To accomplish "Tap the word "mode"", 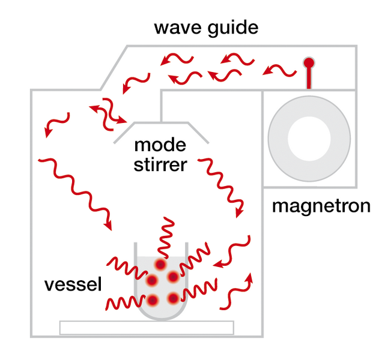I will (x=160, y=145).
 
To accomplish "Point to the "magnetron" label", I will (x=321, y=206).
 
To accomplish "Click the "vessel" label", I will (x=73, y=284).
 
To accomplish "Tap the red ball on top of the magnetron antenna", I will (x=309, y=62).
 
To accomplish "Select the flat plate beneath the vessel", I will (x=147, y=328).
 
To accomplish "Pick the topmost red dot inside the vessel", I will (x=161, y=265).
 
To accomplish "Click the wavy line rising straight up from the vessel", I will (x=166, y=237).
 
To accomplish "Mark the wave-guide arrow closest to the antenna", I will (x=279, y=71).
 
